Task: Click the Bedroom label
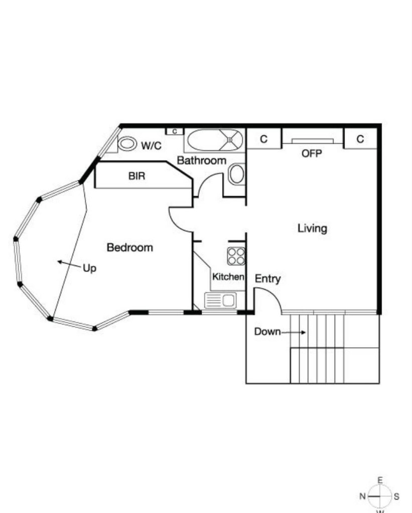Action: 129,247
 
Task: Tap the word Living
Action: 312,228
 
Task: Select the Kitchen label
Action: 228,277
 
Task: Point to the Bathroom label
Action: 201,160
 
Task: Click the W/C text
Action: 151,145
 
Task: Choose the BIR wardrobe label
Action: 136,176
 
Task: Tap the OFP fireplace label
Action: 312,153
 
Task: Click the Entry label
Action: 268,279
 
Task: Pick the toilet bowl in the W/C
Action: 127,143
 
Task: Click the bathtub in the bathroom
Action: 215,140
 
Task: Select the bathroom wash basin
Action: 236,175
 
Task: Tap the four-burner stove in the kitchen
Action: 236,256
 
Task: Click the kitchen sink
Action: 220,300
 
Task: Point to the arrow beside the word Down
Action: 294,332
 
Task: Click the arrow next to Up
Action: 69,264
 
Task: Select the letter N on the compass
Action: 362,496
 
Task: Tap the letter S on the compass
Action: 396,496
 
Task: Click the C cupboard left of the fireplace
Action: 263,139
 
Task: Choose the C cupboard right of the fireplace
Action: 360,139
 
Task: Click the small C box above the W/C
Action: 175,131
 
